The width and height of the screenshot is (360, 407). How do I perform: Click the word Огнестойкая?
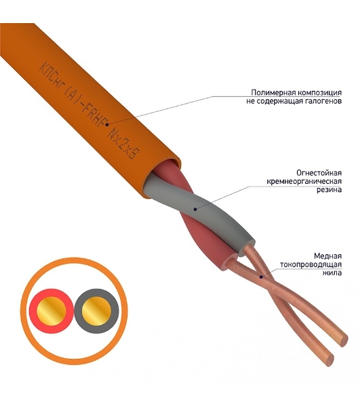click(x=319, y=173)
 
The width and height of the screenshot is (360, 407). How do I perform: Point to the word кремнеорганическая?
click(x=304, y=181)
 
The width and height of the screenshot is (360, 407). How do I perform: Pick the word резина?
click(x=329, y=190)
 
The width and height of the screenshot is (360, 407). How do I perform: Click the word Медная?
click(x=328, y=256)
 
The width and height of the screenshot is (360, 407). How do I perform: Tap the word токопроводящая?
click(x=311, y=265)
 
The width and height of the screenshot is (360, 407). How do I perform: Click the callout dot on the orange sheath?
click(x=107, y=125)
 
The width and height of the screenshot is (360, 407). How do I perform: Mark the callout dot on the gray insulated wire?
click(x=195, y=209)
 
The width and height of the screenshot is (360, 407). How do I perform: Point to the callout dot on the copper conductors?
click(x=262, y=277)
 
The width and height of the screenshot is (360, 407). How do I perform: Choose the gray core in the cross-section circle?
click(x=96, y=311)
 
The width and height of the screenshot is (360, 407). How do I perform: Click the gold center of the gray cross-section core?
click(x=96, y=311)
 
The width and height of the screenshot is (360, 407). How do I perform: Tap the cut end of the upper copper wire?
click(x=344, y=340)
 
